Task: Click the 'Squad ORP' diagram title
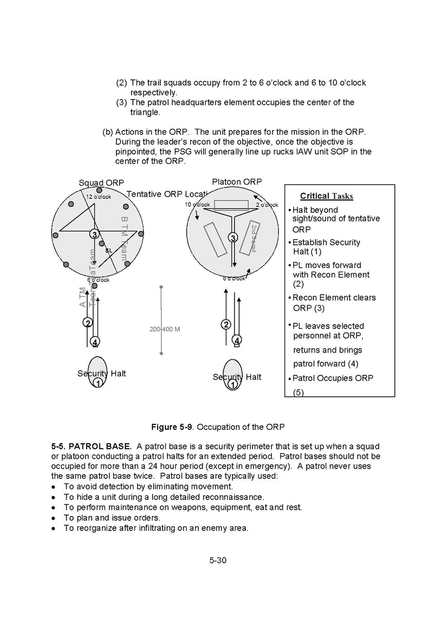pos(102,183)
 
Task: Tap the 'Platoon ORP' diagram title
pos(237,181)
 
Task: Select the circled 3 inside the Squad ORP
pos(94,235)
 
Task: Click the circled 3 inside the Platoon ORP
pos(233,238)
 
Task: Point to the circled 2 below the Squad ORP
pos(88,323)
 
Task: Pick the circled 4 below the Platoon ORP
pos(237,340)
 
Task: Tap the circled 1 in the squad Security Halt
pos(97,383)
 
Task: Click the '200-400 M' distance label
pos(164,329)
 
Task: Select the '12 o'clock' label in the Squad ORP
pos(98,197)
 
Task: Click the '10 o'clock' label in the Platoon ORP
pos(197,205)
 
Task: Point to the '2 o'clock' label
pos(267,205)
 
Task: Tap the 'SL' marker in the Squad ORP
pos(108,251)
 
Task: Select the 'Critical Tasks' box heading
pos(326,196)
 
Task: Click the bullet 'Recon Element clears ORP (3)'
pos(333,303)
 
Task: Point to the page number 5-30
pos(218,560)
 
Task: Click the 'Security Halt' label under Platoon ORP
pos(237,377)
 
